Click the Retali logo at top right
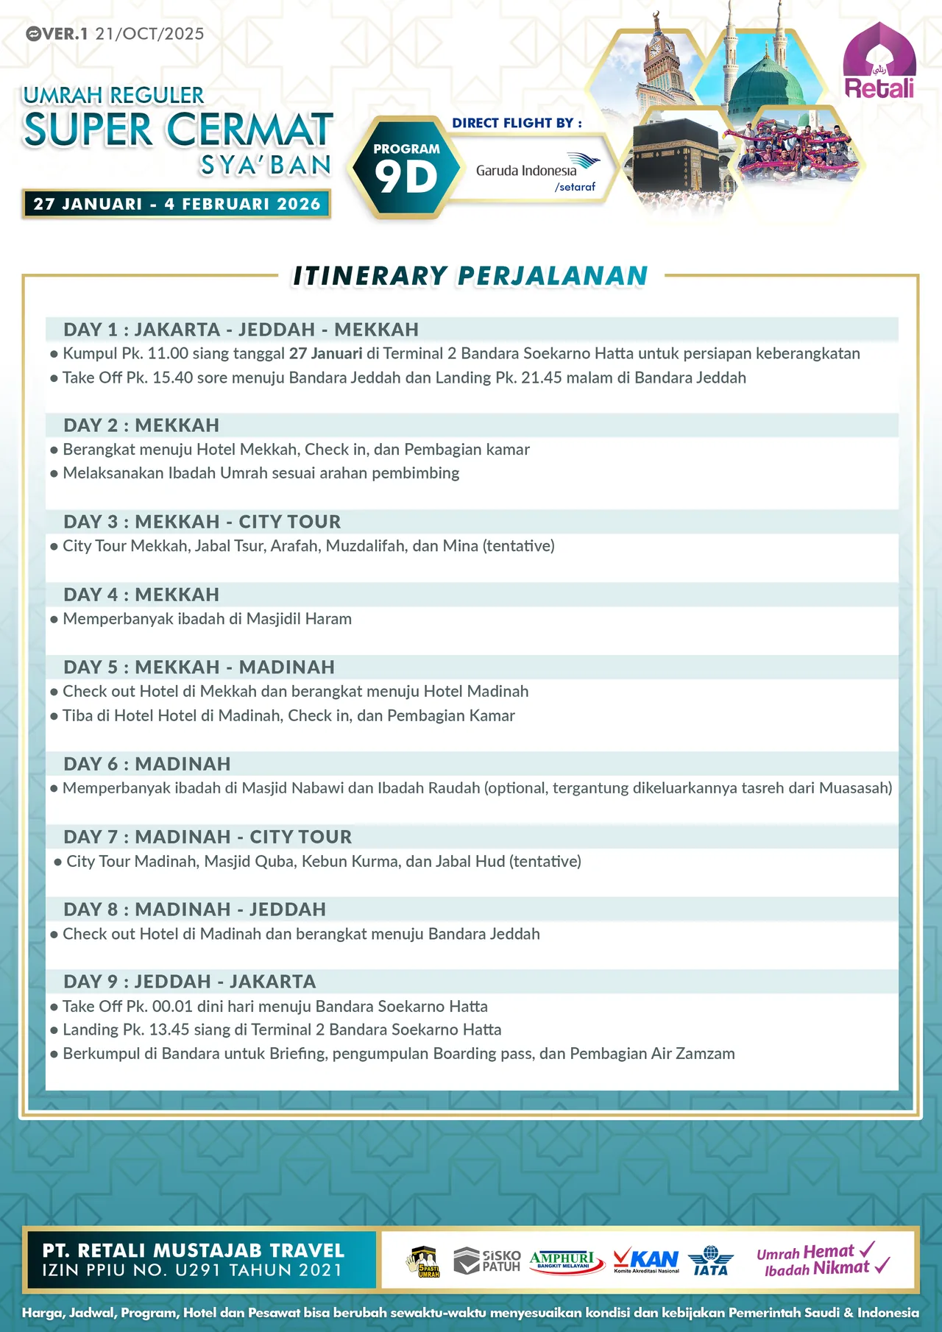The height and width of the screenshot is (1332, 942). click(x=879, y=63)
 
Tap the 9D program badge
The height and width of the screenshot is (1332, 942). click(x=406, y=169)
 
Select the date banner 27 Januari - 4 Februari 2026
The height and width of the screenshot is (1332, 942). click(x=177, y=204)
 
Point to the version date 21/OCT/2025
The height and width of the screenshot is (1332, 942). click(x=149, y=34)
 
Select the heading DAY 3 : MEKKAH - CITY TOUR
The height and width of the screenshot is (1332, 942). click(x=202, y=522)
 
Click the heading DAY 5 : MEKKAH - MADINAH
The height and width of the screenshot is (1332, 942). click(x=199, y=667)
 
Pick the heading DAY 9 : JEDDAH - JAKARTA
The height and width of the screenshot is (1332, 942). click(x=189, y=982)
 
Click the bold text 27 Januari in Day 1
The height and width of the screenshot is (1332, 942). click(x=325, y=353)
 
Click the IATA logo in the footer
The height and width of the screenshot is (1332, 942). click(x=710, y=1261)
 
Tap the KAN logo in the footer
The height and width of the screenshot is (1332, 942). click(x=646, y=1260)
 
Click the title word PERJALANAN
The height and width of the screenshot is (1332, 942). click(x=553, y=276)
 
